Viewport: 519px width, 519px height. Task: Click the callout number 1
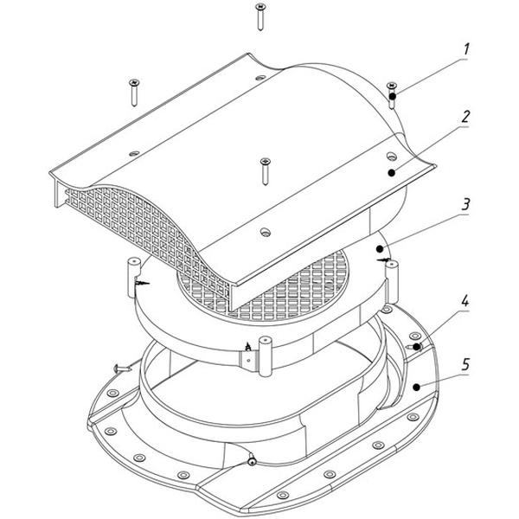(466, 49)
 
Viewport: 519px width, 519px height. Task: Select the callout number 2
(465, 117)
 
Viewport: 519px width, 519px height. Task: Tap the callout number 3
(465, 204)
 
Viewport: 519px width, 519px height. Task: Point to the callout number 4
(465, 301)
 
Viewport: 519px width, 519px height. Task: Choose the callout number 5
(465, 364)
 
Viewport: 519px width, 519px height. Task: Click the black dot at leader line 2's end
(392, 172)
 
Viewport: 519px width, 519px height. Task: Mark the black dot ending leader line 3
(380, 248)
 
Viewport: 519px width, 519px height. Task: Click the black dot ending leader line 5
(417, 387)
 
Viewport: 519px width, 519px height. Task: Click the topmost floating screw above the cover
(260, 17)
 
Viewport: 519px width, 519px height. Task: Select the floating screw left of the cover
(134, 93)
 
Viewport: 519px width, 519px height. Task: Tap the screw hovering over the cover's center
(266, 171)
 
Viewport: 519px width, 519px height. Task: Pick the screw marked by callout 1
(392, 95)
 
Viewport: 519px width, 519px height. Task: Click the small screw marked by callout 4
(415, 347)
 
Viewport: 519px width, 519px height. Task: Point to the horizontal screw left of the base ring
(123, 367)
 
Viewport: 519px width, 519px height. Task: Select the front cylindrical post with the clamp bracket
(265, 356)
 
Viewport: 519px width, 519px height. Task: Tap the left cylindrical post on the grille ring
(134, 278)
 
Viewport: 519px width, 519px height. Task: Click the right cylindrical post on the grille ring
(392, 282)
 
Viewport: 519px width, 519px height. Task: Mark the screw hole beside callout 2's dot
(392, 156)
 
